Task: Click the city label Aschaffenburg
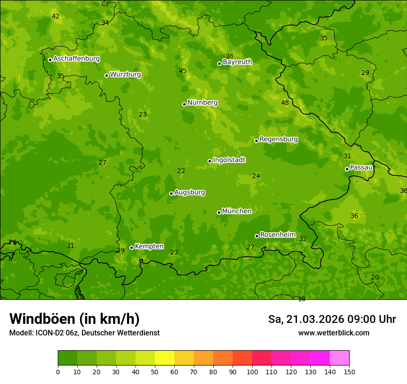click(x=76, y=59)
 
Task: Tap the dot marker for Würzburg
click(x=106, y=75)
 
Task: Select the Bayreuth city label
click(x=237, y=62)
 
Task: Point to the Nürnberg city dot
click(x=184, y=104)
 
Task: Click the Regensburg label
click(x=278, y=139)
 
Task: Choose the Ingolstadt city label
click(x=229, y=160)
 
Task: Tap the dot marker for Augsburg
click(x=171, y=193)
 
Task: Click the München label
click(x=237, y=211)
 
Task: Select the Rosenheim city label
click(x=277, y=235)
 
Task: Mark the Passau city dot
click(x=347, y=169)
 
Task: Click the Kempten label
click(x=149, y=247)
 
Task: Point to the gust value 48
click(x=285, y=103)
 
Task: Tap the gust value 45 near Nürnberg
click(x=183, y=71)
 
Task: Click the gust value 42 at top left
click(x=55, y=16)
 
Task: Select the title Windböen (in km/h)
click(x=74, y=319)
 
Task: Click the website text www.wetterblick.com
click(x=333, y=333)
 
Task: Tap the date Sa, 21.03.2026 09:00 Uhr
click(x=332, y=319)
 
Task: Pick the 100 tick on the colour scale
click(x=252, y=372)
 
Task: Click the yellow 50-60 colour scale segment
click(x=165, y=358)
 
